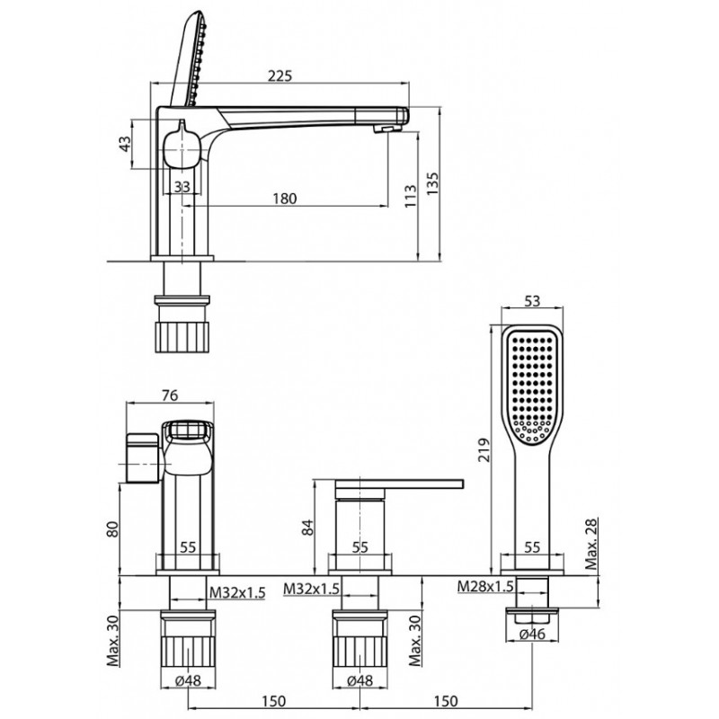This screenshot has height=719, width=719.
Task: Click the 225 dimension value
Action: point(280,75)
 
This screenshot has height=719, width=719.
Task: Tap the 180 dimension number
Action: point(285,199)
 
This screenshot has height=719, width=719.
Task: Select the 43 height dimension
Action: point(125,145)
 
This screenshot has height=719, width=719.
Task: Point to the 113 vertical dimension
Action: point(411,196)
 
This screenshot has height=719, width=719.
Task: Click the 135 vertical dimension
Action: point(432,183)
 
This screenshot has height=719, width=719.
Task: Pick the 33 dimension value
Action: point(182,187)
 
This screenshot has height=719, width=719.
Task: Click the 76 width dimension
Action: point(170,395)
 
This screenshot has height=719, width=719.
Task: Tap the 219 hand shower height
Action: point(484,450)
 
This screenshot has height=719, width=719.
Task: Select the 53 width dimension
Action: point(532,301)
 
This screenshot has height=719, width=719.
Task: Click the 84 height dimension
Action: point(307,528)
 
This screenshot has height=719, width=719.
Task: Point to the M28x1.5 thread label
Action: point(485,586)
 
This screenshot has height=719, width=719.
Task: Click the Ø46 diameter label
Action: point(532,634)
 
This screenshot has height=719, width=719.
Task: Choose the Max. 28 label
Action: point(592,545)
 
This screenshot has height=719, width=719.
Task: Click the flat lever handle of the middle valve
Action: point(399,484)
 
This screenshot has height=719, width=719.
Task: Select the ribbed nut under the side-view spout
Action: point(182,336)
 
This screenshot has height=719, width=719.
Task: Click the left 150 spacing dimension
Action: point(274,701)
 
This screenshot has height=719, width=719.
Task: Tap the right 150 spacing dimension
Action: point(446,701)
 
